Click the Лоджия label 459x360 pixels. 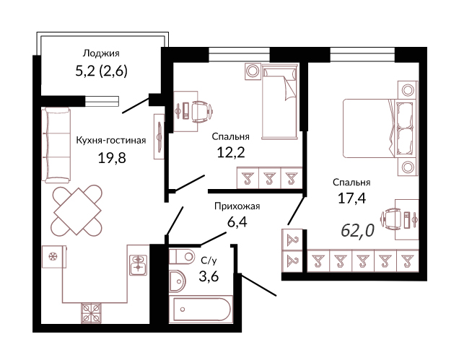(101, 53)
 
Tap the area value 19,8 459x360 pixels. (112, 158)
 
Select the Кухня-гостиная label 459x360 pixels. (111, 140)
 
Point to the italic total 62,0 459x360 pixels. (358, 230)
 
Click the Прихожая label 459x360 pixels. (237, 206)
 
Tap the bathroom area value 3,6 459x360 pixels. (209, 276)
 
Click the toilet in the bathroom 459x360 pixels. (181, 256)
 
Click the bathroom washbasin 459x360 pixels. (177, 281)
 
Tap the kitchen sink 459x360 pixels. (137, 265)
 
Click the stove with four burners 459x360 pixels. (91, 313)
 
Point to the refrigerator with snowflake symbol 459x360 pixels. (54, 257)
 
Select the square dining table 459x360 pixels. (77, 211)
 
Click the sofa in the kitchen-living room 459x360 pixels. (56, 145)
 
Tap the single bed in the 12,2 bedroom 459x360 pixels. (280, 101)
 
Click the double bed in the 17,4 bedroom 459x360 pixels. (378, 128)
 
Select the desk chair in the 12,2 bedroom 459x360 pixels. (201, 111)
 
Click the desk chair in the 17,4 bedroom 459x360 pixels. (390, 219)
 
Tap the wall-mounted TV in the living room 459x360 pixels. (159, 136)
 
